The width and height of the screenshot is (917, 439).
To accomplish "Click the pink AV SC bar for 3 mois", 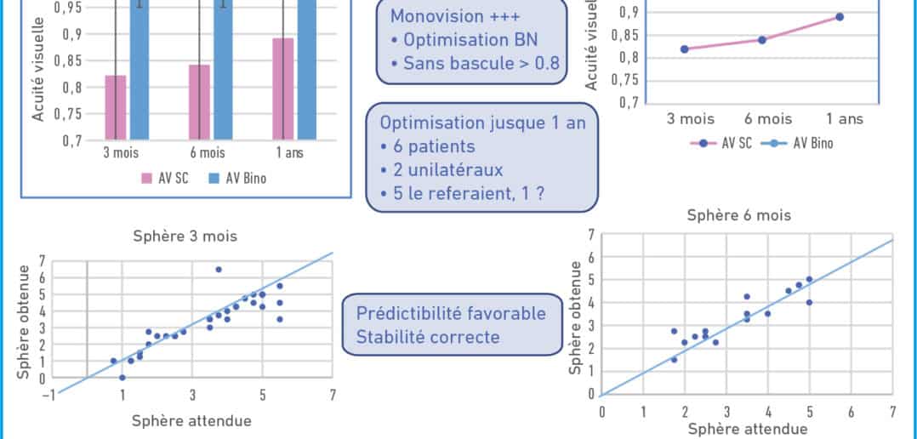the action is (x=116, y=107).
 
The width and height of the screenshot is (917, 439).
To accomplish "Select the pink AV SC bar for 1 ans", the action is (x=283, y=89).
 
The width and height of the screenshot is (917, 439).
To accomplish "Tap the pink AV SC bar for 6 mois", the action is (x=199, y=102).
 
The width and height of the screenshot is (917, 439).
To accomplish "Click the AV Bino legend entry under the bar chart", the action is (x=237, y=179).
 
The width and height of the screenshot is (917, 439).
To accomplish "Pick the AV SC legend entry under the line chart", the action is (x=721, y=143).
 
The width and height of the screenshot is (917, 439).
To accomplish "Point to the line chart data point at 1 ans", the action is (x=840, y=17).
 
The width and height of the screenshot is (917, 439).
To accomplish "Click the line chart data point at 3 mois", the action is (x=684, y=49).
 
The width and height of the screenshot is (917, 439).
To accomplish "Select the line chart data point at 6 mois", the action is (x=762, y=40).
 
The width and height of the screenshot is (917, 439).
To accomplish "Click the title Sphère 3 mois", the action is (x=185, y=237).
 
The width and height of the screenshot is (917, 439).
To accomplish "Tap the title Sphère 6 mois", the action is (x=738, y=216).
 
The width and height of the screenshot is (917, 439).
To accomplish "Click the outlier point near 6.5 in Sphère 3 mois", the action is (x=219, y=270).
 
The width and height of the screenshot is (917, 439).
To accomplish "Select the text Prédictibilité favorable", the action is (x=451, y=313).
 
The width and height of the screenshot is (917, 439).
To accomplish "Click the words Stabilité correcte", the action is (x=428, y=337).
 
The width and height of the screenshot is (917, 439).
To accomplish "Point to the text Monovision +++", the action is (x=455, y=16).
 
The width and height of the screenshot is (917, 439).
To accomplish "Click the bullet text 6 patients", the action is (x=428, y=146).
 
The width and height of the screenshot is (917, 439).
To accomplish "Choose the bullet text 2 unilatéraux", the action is (x=441, y=170).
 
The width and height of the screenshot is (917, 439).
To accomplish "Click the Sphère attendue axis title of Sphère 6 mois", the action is (x=748, y=430).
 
